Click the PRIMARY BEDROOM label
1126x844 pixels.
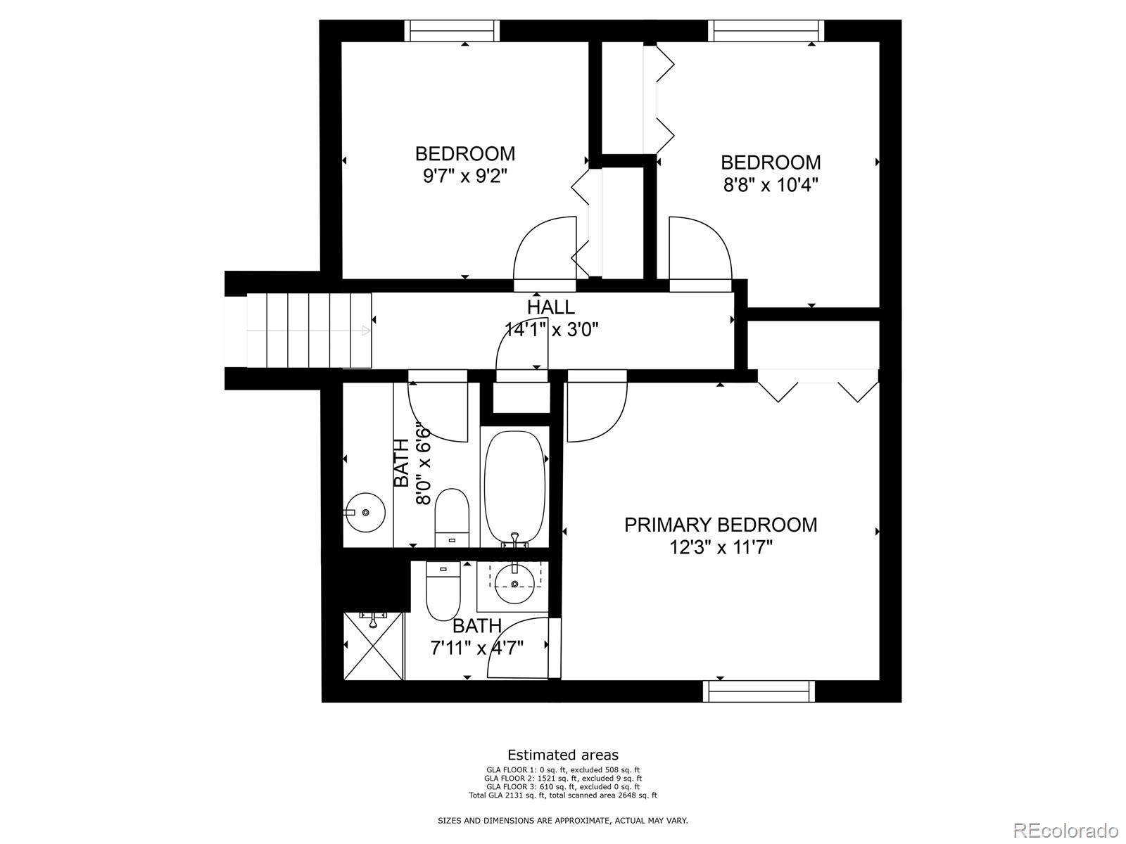pos(721,525)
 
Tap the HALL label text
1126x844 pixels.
pos(550,307)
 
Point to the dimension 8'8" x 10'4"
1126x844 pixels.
pos(771,185)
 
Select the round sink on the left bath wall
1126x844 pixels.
pos(365,513)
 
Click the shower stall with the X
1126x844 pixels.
pos(374,646)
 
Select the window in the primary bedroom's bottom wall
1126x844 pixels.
pos(759,691)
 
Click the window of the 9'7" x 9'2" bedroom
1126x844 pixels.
pos(452,31)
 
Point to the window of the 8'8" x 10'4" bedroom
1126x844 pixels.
pos(766,31)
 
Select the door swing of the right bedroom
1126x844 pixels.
pos(699,250)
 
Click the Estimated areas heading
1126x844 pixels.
pos(563,755)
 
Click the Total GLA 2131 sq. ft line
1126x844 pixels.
pos(563,795)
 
